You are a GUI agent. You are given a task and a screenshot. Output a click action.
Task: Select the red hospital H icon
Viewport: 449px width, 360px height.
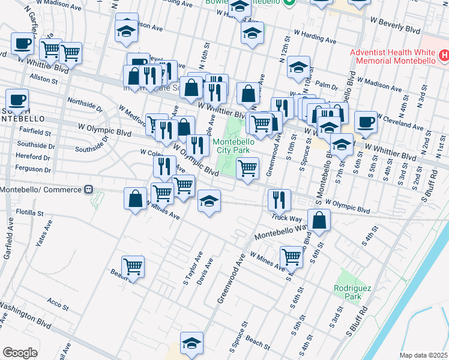444,56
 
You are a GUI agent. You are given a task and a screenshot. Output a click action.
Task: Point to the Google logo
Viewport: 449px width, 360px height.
20,353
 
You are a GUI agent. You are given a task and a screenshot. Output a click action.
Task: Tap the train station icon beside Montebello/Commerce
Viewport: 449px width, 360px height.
88,190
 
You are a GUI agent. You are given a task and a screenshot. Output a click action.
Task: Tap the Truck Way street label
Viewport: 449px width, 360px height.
286,217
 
